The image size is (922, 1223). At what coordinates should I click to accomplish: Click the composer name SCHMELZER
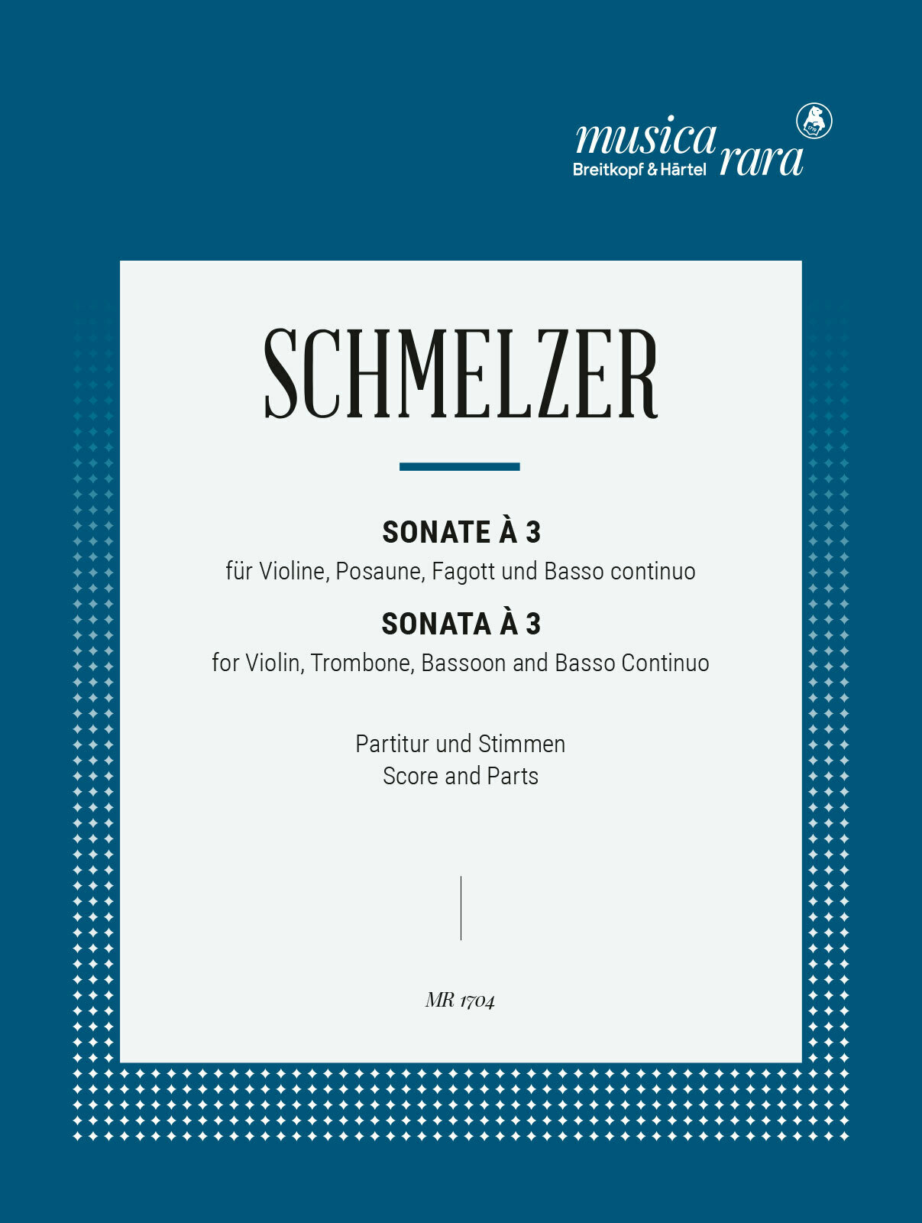click(461, 375)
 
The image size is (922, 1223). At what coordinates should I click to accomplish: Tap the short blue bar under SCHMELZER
click(460, 466)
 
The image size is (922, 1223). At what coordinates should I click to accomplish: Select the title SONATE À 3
click(461, 532)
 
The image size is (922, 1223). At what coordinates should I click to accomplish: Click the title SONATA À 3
click(461, 624)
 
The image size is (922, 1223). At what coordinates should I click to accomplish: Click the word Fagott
click(465, 571)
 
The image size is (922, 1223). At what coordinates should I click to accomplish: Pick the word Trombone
click(361, 663)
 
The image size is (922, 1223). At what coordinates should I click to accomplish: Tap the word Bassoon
click(464, 663)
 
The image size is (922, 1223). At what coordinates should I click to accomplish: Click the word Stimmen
click(522, 744)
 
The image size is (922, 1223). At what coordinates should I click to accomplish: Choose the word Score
click(410, 776)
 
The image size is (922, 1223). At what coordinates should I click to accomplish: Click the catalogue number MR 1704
click(461, 1001)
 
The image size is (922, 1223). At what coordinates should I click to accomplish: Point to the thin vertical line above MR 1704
click(461, 908)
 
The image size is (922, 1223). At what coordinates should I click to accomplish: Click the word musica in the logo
click(645, 138)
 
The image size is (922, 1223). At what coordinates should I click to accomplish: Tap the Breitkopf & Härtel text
click(639, 170)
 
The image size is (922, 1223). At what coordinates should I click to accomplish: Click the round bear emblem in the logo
click(814, 122)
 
